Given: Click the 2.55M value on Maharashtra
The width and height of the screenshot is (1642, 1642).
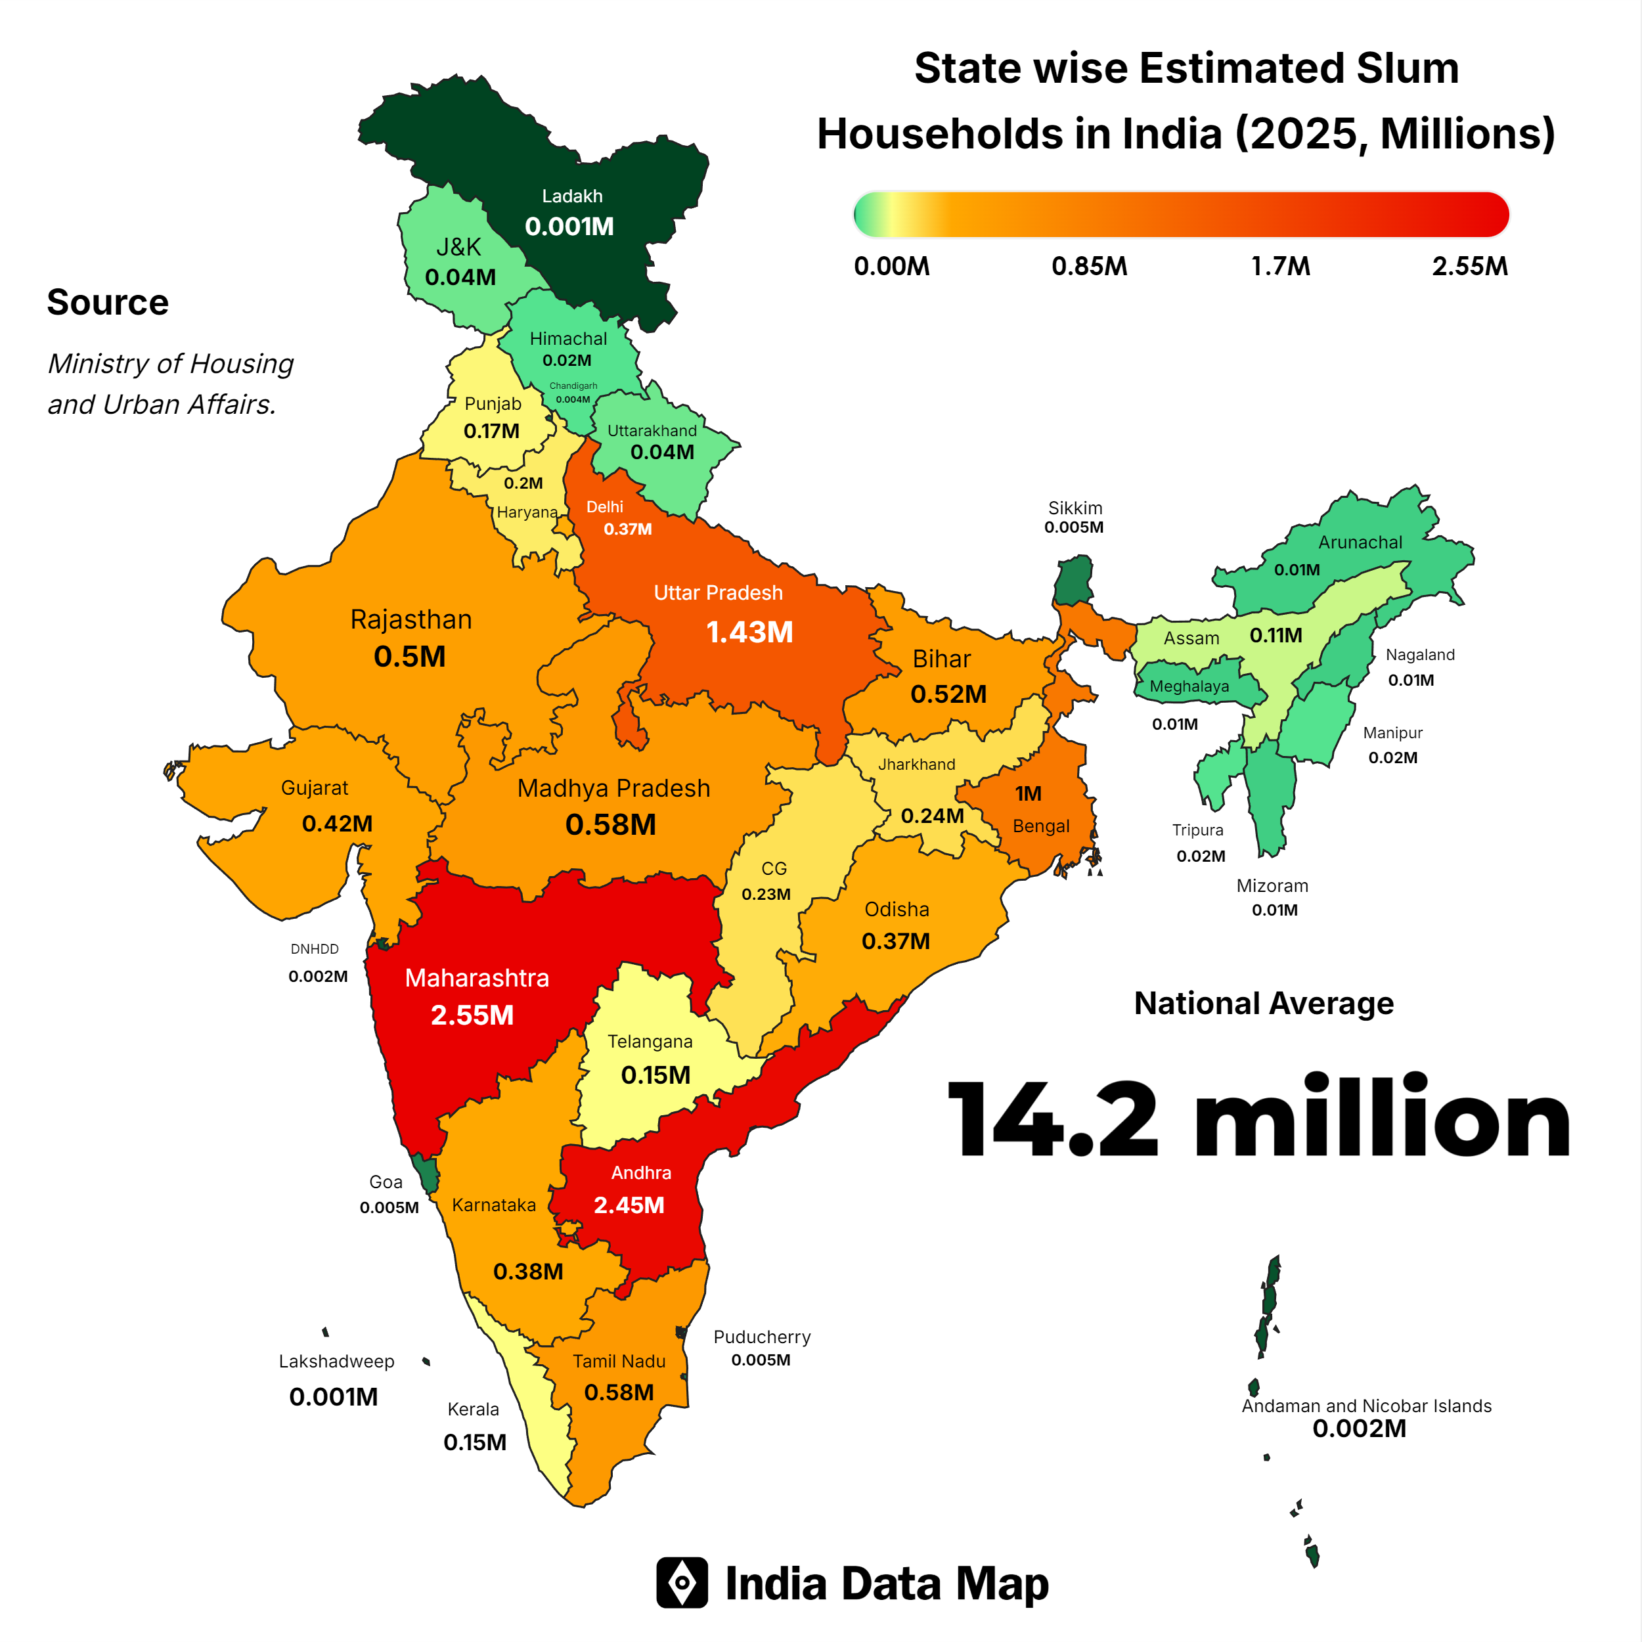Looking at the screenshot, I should [472, 1015].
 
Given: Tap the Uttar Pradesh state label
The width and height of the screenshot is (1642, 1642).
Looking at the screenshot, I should [718, 592].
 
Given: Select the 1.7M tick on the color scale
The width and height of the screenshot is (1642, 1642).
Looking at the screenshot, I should [1280, 266].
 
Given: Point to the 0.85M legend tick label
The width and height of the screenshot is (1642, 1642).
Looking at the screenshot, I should [1089, 266].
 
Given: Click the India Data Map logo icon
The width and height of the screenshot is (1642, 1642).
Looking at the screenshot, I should [682, 1582].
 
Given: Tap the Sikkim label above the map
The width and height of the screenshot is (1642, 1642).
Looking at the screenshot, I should [1075, 508].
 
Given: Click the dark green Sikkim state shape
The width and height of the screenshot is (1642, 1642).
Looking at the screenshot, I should [1075, 581].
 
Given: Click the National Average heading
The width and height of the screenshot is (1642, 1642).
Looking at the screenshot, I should [1263, 1003].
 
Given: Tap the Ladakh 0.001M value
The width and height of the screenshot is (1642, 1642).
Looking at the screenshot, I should [569, 226].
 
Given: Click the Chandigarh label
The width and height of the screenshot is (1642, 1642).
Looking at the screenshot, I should [573, 386].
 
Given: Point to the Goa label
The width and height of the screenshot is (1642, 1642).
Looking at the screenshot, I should [386, 1182].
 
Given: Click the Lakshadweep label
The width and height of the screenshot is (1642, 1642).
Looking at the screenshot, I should [336, 1361].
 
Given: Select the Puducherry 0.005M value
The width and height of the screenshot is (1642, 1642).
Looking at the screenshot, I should [761, 1360].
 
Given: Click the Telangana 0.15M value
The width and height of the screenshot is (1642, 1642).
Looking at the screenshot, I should [655, 1075].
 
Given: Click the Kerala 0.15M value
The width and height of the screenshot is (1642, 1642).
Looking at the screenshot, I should [474, 1442].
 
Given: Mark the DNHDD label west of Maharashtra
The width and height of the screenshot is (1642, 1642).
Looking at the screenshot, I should [315, 948].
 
